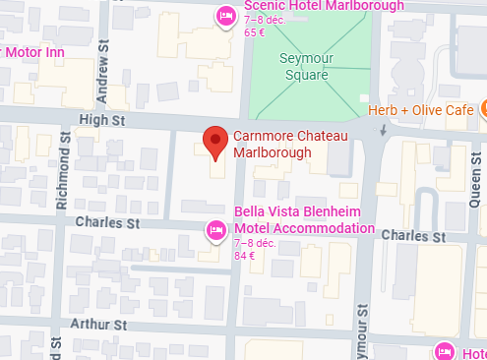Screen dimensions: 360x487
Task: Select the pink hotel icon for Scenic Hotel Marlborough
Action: [x=225, y=16]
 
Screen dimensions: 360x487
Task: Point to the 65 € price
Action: [x=255, y=32]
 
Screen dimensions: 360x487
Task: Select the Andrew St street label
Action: [x=102, y=78]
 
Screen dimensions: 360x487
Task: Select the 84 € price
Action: [x=244, y=256]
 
